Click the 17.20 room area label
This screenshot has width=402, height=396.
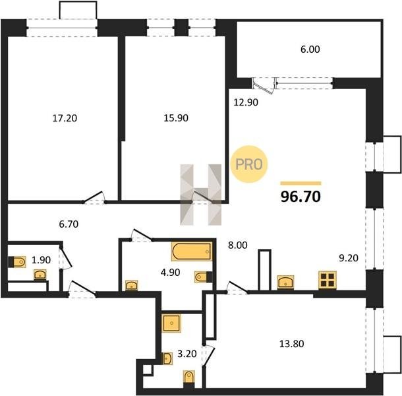pyautogui.click(x=65, y=118)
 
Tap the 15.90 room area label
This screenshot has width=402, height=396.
pyautogui.click(x=176, y=118)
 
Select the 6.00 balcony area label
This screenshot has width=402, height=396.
pyautogui.click(x=310, y=49)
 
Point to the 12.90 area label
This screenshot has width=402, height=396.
pyautogui.click(x=246, y=102)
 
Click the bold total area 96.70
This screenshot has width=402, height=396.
pyautogui.click(x=301, y=197)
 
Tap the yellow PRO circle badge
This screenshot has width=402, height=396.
pyautogui.click(x=249, y=164)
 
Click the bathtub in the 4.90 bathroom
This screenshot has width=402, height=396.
pyautogui.click(x=192, y=251)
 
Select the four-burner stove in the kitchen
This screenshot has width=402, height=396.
pyautogui.click(x=328, y=280)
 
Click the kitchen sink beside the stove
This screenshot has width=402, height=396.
pyautogui.click(x=285, y=282)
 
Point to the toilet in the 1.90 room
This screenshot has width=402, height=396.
pyautogui.click(x=17, y=262)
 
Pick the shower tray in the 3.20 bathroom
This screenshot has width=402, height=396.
pyautogui.click(x=171, y=323)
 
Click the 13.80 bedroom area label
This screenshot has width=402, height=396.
pyautogui.click(x=291, y=344)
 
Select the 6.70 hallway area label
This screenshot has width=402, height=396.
pyautogui.click(x=69, y=224)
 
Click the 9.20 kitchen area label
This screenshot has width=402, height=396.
pyautogui.click(x=349, y=258)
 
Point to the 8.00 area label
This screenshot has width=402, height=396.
pyautogui.click(x=238, y=246)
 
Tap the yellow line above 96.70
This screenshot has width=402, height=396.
pyautogui.click(x=301, y=183)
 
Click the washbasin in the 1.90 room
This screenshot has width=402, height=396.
pyautogui.click(x=40, y=275)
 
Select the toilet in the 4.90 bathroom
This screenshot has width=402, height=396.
pyautogui.click(x=202, y=277)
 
